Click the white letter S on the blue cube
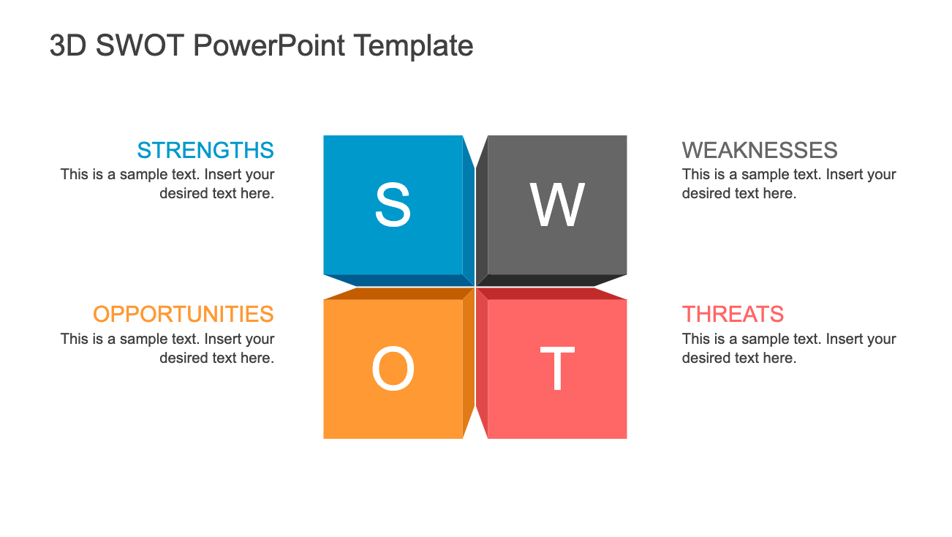click(393, 204)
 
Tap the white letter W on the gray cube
click(557, 205)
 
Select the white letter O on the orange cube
click(393, 368)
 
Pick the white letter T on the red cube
click(557, 368)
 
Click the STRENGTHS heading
click(205, 150)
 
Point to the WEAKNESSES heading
click(760, 150)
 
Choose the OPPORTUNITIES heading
click(184, 314)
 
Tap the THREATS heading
click(733, 314)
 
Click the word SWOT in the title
click(140, 45)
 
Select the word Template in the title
click(414, 45)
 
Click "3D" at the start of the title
click(68, 45)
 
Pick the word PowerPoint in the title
click(269, 45)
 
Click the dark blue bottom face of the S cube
click(398, 280)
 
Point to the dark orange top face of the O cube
click(398, 293)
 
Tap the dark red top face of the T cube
click(551, 293)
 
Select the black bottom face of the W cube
click(551, 280)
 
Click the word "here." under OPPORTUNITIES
click(257, 358)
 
